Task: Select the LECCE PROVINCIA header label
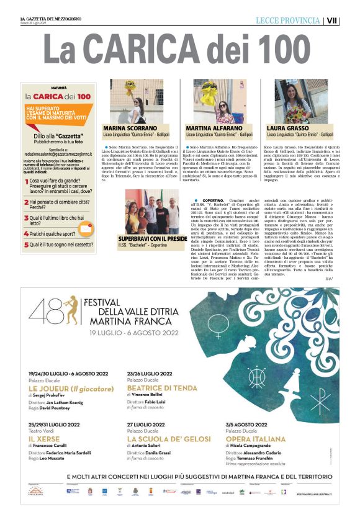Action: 287,20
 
